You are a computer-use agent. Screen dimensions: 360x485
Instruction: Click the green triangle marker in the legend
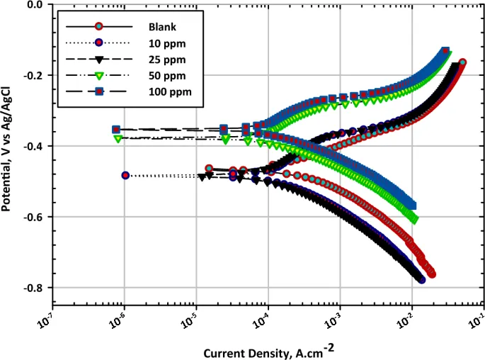coord(100,76)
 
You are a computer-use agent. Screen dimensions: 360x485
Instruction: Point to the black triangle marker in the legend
coord(100,60)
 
